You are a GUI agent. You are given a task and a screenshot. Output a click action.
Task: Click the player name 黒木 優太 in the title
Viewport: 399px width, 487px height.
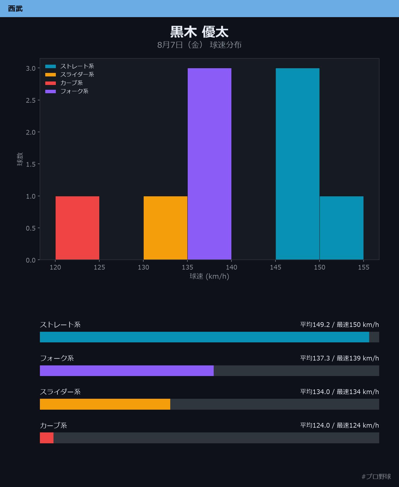199,32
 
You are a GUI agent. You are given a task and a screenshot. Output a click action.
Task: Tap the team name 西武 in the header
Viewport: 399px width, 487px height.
15,9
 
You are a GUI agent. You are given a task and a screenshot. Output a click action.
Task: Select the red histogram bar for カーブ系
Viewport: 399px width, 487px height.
77,228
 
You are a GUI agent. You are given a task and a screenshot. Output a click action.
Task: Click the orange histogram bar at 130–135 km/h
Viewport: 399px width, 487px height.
166,228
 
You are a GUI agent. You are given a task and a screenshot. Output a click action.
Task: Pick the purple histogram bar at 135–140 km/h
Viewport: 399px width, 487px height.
210,164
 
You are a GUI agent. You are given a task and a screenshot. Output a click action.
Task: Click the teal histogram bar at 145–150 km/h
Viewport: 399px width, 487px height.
298,164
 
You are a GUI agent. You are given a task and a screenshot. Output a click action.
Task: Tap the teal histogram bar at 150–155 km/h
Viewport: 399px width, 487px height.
342,228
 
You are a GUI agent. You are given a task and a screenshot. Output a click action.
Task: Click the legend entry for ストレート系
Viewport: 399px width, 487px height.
69,66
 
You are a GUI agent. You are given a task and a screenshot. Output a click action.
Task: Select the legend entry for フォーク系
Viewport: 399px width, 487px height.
67,91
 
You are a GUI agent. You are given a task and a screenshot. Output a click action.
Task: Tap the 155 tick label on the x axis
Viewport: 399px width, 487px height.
364,267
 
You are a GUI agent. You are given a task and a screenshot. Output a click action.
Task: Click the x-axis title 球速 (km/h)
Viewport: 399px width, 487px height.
210,276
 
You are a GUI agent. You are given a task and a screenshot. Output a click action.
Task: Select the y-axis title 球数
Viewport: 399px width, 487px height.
20,159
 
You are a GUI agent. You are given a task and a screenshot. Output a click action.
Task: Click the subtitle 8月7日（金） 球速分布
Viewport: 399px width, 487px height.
199,45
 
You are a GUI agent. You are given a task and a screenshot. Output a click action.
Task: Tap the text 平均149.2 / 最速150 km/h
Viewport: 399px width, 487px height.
340,325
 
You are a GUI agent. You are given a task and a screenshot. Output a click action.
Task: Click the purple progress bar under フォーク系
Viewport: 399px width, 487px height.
127,371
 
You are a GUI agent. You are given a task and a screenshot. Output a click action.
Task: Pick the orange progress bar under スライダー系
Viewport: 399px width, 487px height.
105,404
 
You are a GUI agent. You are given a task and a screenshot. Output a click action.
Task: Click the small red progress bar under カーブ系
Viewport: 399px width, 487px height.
47,438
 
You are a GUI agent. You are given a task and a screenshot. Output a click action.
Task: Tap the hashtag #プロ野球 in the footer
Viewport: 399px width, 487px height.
376,476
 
